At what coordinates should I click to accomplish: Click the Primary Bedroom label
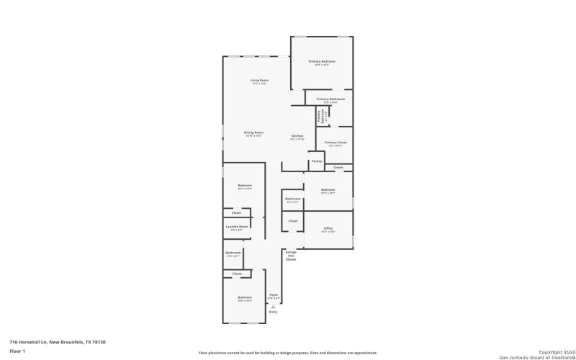click(323, 62)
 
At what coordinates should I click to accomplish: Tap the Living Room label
click(259, 80)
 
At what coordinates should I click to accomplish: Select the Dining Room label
click(253, 132)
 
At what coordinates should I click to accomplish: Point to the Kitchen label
click(297, 136)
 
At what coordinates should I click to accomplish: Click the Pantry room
click(316, 161)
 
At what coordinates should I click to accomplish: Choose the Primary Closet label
click(336, 143)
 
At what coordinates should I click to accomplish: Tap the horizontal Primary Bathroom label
click(330, 99)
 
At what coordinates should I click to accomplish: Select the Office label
click(328, 228)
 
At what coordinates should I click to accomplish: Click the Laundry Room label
click(237, 227)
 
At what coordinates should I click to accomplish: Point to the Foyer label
click(273, 295)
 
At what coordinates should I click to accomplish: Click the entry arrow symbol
click(273, 306)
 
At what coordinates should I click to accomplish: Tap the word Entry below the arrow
click(273, 312)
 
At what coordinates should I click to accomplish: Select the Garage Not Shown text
click(291, 256)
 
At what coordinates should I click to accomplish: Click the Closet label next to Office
click(293, 221)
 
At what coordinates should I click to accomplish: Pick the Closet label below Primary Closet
click(338, 168)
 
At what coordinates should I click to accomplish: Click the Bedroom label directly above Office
click(328, 190)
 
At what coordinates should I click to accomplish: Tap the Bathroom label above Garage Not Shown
click(292, 199)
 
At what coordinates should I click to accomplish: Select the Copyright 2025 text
click(552, 352)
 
